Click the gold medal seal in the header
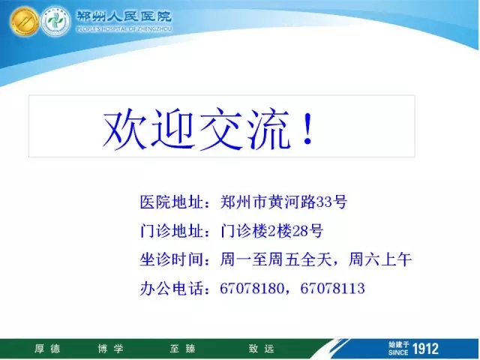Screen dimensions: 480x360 click(25, 22)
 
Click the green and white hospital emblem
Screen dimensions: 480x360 click(55, 22)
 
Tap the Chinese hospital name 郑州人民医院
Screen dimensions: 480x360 click(124, 16)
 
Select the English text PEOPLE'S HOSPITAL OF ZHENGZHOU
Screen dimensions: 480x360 click(124, 29)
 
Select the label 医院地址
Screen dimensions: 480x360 click(172, 202)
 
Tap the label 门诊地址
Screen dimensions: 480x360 click(172, 231)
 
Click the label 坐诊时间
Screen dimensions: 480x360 click(172, 259)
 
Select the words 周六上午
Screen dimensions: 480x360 click(380, 259)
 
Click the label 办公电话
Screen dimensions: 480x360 click(172, 288)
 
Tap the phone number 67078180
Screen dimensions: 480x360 click(252, 288)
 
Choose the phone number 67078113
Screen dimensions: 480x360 click(332, 288)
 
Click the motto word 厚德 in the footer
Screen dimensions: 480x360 click(47, 349)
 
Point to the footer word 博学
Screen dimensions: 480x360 click(110, 349)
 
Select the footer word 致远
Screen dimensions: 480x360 click(261, 349)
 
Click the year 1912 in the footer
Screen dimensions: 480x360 click(425, 349)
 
